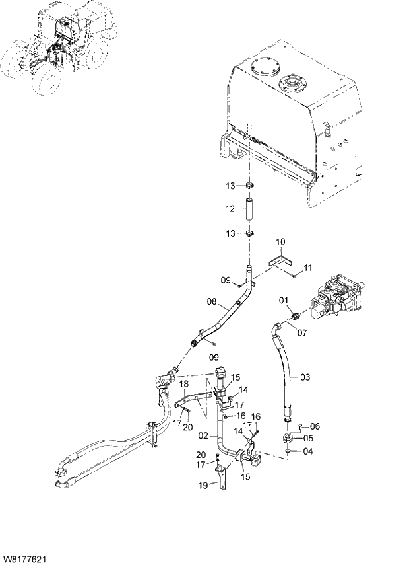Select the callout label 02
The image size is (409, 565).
[204, 436]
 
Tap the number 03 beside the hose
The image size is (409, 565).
[304, 377]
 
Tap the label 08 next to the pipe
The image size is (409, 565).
[212, 302]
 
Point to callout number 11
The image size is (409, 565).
[307, 267]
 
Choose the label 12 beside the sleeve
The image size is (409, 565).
[230, 209]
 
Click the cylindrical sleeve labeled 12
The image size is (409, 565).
[249, 209]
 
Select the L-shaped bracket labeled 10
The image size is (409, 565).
[283, 260]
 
